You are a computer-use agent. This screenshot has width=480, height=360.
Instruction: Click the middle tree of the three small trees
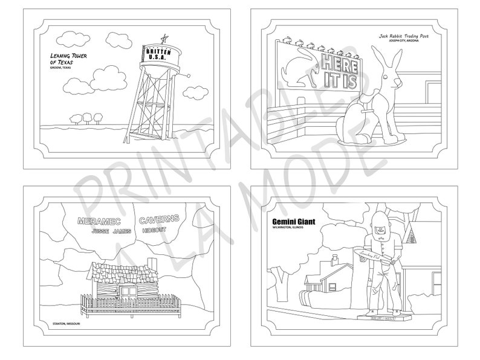[x=86, y=116]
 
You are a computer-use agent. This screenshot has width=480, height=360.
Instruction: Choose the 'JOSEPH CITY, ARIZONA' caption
[x=414, y=43]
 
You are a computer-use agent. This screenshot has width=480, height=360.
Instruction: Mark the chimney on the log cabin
[x=152, y=264]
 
